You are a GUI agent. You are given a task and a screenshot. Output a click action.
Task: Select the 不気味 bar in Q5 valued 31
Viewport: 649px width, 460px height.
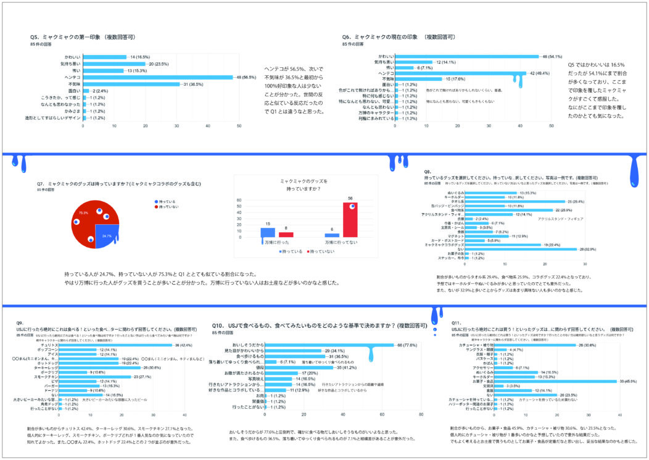pyautogui.click(x=131, y=84)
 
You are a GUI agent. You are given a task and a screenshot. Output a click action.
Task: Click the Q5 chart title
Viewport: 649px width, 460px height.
pyautogui.click(x=83, y=37)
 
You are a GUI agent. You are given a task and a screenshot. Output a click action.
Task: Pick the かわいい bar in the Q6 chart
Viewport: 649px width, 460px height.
pyautogui.click(x=466, y=57)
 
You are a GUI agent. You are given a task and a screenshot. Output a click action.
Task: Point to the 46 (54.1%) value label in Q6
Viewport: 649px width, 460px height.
pyautogui.click(x=552, y=57)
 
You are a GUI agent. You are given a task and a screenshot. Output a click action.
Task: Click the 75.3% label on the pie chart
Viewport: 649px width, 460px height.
pyautogui.click(x=83, y=212)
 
